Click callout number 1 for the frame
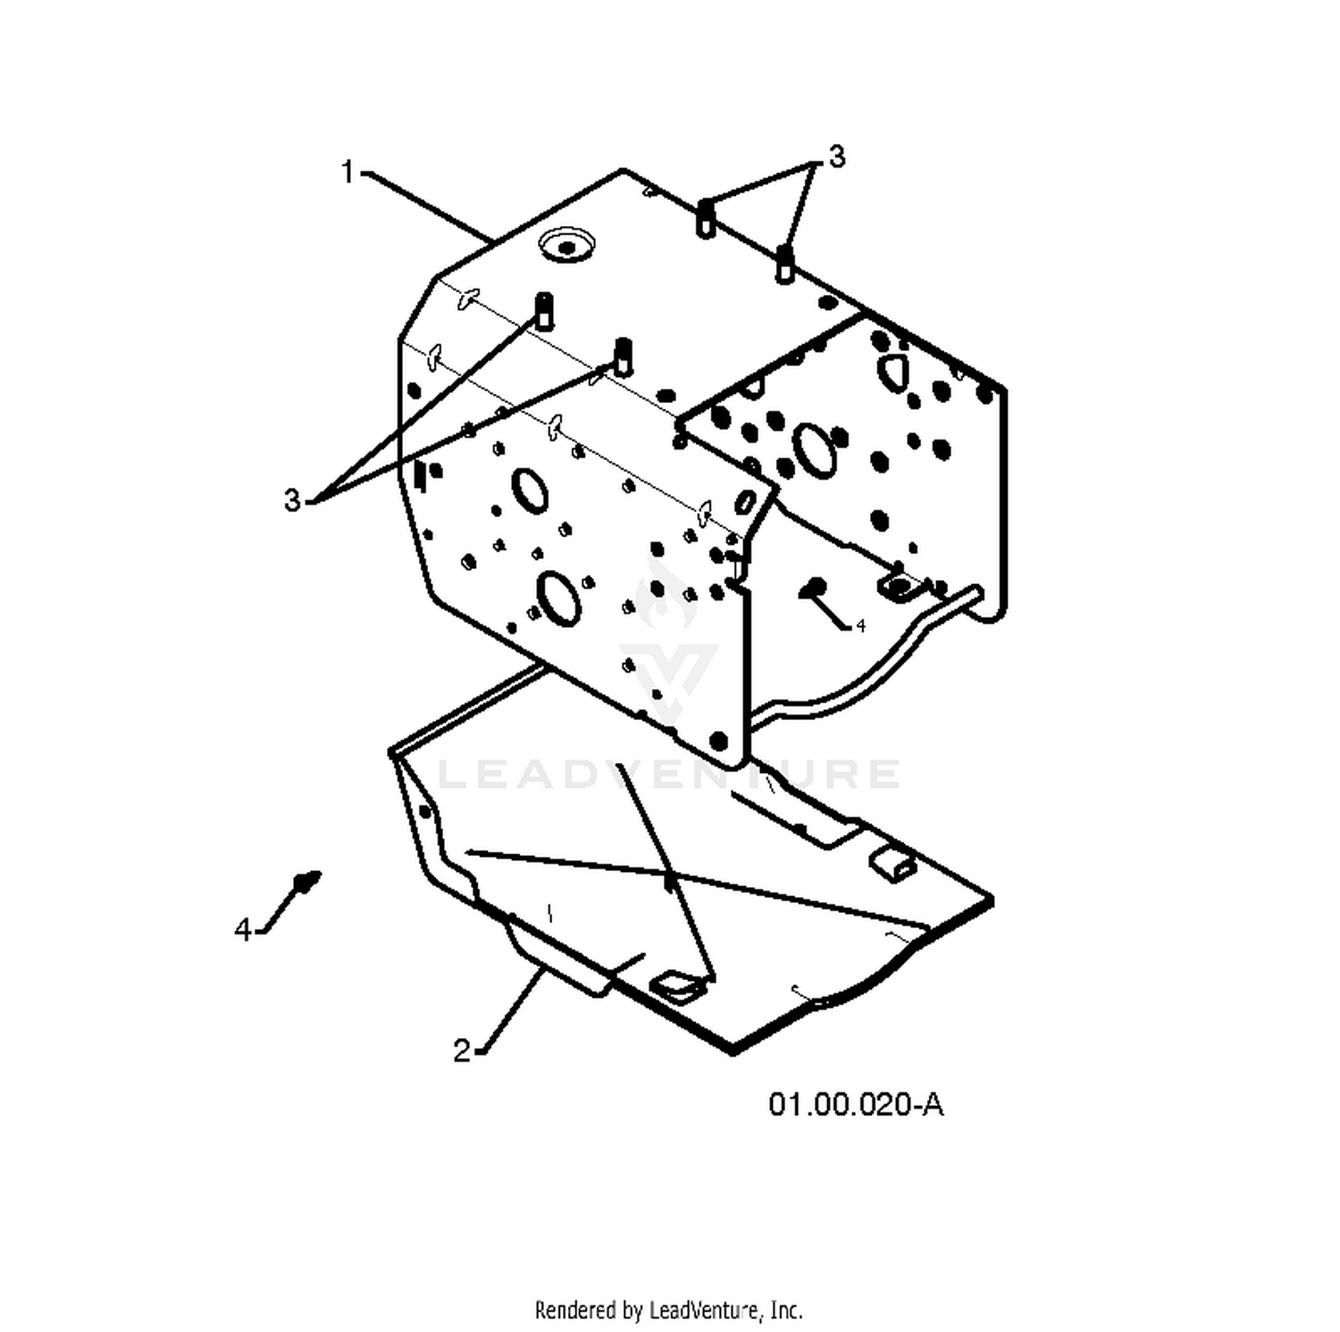click(348, 172)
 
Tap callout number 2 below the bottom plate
click(461, 1051)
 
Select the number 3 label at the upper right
click(836, 156)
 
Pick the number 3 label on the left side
click(293, 500)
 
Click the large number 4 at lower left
click(243, 930)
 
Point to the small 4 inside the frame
click(860, 626)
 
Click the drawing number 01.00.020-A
click(856, 1104)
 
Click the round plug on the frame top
click(567, 244)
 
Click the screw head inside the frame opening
click(813, 587)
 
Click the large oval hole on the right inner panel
click(815, 450)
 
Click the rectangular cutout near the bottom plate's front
click(677, 984)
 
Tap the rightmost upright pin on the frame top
click(784, 264)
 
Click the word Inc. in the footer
click(785, 1310)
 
